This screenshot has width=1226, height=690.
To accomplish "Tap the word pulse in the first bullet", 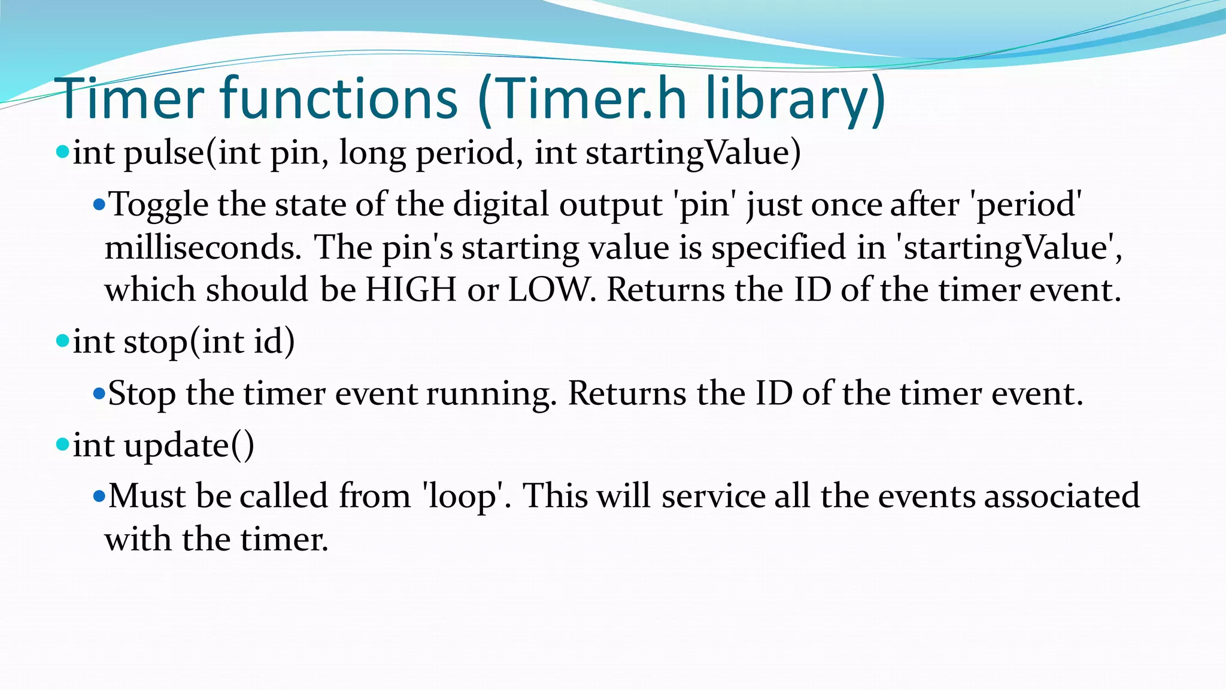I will click(164, 153).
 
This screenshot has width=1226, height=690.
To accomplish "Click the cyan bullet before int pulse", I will click(62, 152).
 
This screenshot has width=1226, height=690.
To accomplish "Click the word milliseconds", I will click(202, 248).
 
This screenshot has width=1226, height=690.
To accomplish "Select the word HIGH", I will click(411, 290).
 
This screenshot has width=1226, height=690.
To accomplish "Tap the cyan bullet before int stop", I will click(62, 341).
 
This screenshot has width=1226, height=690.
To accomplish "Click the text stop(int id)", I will click(209, 343).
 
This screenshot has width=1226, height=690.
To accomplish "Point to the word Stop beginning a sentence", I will click(142, 395).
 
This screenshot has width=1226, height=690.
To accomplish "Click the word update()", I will click(189, 446).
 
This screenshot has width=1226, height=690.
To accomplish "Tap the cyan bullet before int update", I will click(62, 444).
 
